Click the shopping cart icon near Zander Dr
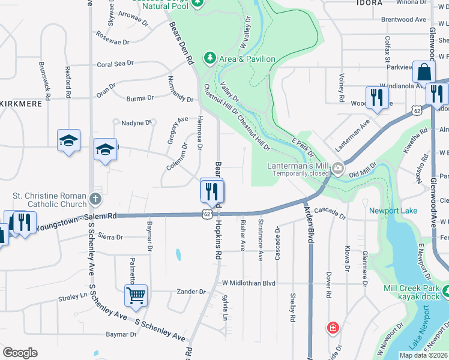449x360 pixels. pyautogui.click(x=136, y=295)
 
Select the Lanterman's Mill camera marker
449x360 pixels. pyautogui.click(x=338, y=168)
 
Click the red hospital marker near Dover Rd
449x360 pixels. pyautogui.click(x=332, y=328)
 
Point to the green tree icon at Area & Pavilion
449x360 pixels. pyautogui.click(x=209, y=58)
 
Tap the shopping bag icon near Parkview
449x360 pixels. pyautogui.click(x=424, y=72)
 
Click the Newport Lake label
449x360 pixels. pyautogui.click(x=393, y=211)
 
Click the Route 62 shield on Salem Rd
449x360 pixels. pyautogui.click(x=206, y=214)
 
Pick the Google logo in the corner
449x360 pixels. pyautogui.click(x=20, y=353)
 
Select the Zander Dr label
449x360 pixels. pyautogui.click(x=191, y=292)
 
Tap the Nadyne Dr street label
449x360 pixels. pyautogui.click(x=137, y=123)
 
